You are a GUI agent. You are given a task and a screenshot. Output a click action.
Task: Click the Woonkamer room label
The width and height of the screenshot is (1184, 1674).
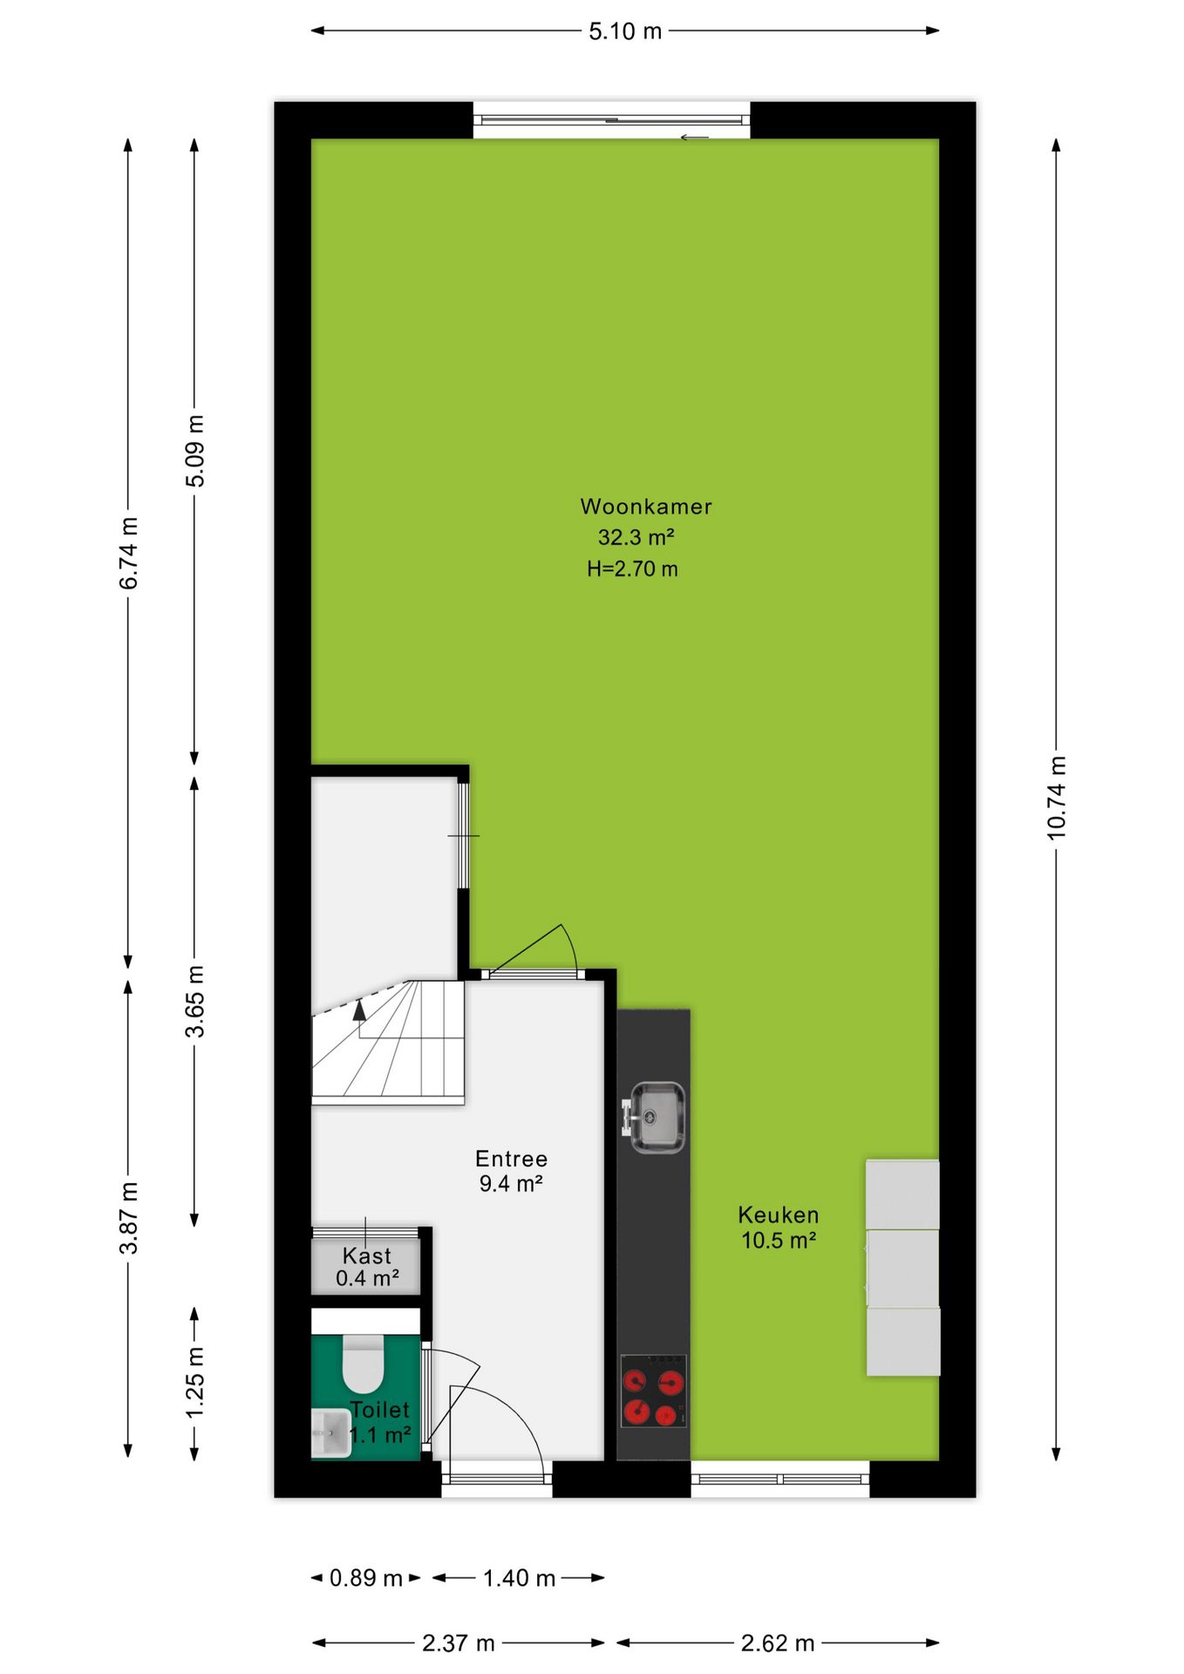[646, 507]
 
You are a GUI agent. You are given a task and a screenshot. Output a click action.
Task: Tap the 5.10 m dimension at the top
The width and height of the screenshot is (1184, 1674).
[625, 31]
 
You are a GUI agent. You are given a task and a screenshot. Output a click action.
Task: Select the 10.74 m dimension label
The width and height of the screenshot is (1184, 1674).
[1056, 798]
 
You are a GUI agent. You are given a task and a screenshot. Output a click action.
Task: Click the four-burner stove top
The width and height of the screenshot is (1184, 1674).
[654, 1391]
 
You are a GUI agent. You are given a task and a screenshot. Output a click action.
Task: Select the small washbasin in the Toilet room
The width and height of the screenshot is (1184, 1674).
[331, 1432]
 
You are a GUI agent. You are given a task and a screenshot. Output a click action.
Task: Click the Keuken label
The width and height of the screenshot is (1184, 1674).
[779, 1215]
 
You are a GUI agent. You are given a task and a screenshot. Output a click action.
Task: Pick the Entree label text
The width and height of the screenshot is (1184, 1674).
[512, 1159]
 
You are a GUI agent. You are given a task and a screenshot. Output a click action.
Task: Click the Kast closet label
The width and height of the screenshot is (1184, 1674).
[367, 1255]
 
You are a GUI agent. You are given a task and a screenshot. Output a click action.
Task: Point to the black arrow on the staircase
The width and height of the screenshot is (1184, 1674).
[359, 1010]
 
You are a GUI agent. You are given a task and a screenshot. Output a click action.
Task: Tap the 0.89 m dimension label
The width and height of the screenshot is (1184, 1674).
[366, 1578]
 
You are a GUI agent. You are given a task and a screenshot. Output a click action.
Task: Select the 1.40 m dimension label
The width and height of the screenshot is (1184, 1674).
[519, 1578]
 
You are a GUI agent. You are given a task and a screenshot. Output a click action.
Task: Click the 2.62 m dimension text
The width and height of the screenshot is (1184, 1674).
[778, 1643]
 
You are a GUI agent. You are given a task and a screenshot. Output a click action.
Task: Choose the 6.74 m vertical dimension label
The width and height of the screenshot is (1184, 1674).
[128, 554]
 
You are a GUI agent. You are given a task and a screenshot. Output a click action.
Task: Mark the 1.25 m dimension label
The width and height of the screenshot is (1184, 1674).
[194, 1381]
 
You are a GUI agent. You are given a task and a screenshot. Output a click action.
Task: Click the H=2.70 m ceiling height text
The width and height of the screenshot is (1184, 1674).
[632, 569]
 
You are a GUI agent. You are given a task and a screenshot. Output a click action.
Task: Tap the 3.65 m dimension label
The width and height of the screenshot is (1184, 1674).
[194, 1001]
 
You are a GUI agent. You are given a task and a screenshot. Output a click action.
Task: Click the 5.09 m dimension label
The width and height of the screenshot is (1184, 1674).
[194, 451]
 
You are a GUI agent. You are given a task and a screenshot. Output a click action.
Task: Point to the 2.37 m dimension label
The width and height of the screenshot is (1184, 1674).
[459, 1643]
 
